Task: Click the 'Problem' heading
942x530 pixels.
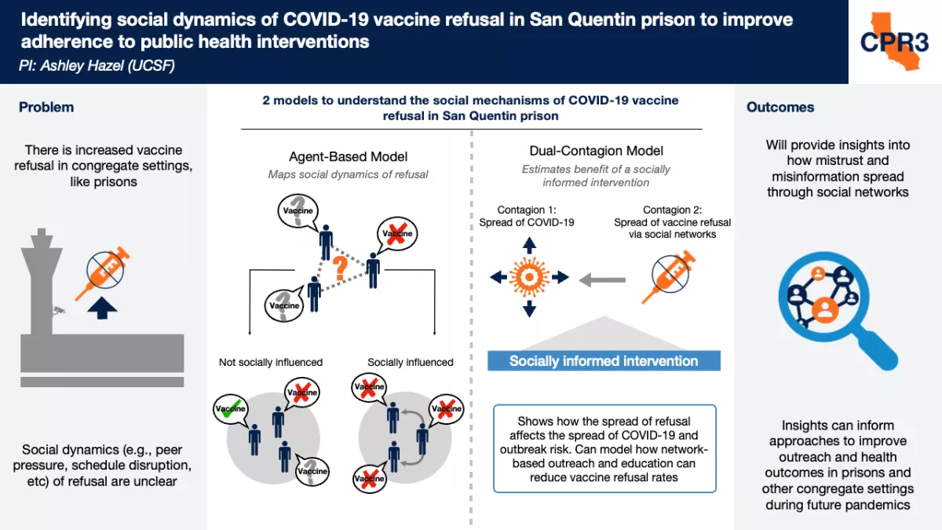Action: [46, 108]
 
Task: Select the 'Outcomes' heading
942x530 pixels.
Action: [780, 108]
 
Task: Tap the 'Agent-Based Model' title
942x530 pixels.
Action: [348, 156]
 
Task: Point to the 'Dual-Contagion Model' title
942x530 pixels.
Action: [596, 151]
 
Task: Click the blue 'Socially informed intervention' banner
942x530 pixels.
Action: [604, 361]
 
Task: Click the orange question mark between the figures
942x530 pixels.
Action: [340, 269]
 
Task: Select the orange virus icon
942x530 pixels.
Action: [529, 277]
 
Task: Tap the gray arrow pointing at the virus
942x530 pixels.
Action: [602, 280]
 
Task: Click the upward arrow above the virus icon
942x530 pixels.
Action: [529, 245]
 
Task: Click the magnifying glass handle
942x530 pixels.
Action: [876, 350]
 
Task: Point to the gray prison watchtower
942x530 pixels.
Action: [41, 282]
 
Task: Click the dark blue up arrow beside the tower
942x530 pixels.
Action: [102, 309]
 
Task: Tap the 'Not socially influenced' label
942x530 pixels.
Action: [270, 362]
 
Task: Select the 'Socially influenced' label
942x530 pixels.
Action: [410, 362]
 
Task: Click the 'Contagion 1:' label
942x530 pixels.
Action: [527, 210]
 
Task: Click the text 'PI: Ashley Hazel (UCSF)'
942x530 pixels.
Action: [97, 66]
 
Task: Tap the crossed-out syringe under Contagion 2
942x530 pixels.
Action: [669, 276]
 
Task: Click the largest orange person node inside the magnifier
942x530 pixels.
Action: [825, 309]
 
